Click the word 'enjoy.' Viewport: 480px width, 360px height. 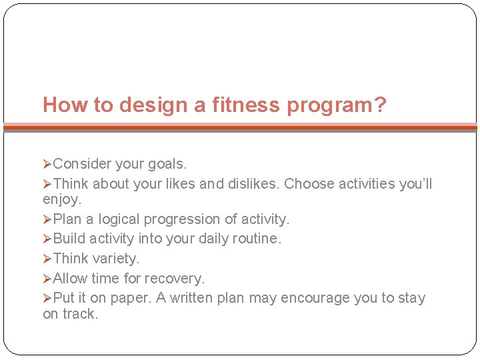62,199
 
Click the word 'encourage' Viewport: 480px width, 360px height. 316,298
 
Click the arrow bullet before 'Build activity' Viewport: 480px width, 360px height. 47,239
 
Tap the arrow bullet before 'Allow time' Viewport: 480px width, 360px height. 47,278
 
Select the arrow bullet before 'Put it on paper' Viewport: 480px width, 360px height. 47,298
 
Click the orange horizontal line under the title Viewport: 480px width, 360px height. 240,126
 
